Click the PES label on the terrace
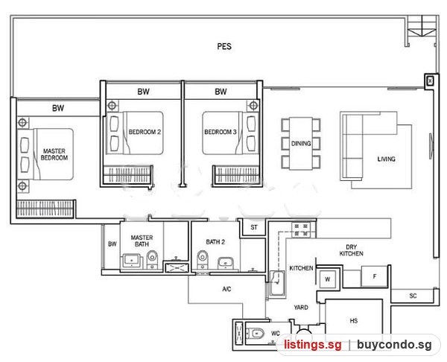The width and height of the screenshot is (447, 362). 224,46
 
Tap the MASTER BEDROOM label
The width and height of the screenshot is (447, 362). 54,154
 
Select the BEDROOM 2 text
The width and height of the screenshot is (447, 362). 145,132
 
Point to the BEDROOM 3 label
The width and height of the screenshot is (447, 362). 221,132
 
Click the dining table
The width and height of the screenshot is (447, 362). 301,143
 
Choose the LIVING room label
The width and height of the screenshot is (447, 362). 386,159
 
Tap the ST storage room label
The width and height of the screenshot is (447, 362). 254,227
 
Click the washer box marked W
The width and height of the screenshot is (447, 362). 327,279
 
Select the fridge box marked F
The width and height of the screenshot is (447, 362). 374,276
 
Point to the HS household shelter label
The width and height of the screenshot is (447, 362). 353,321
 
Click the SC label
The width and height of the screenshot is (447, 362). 413,296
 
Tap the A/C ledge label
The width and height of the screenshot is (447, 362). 226,289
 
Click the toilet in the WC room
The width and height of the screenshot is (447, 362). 255,334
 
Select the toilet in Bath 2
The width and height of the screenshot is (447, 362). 203,258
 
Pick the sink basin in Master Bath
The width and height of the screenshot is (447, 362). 132,260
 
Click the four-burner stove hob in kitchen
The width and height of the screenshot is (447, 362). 301,230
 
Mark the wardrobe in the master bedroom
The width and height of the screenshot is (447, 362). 45,209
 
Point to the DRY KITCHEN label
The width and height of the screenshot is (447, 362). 351,250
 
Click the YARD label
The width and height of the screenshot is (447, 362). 301,308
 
